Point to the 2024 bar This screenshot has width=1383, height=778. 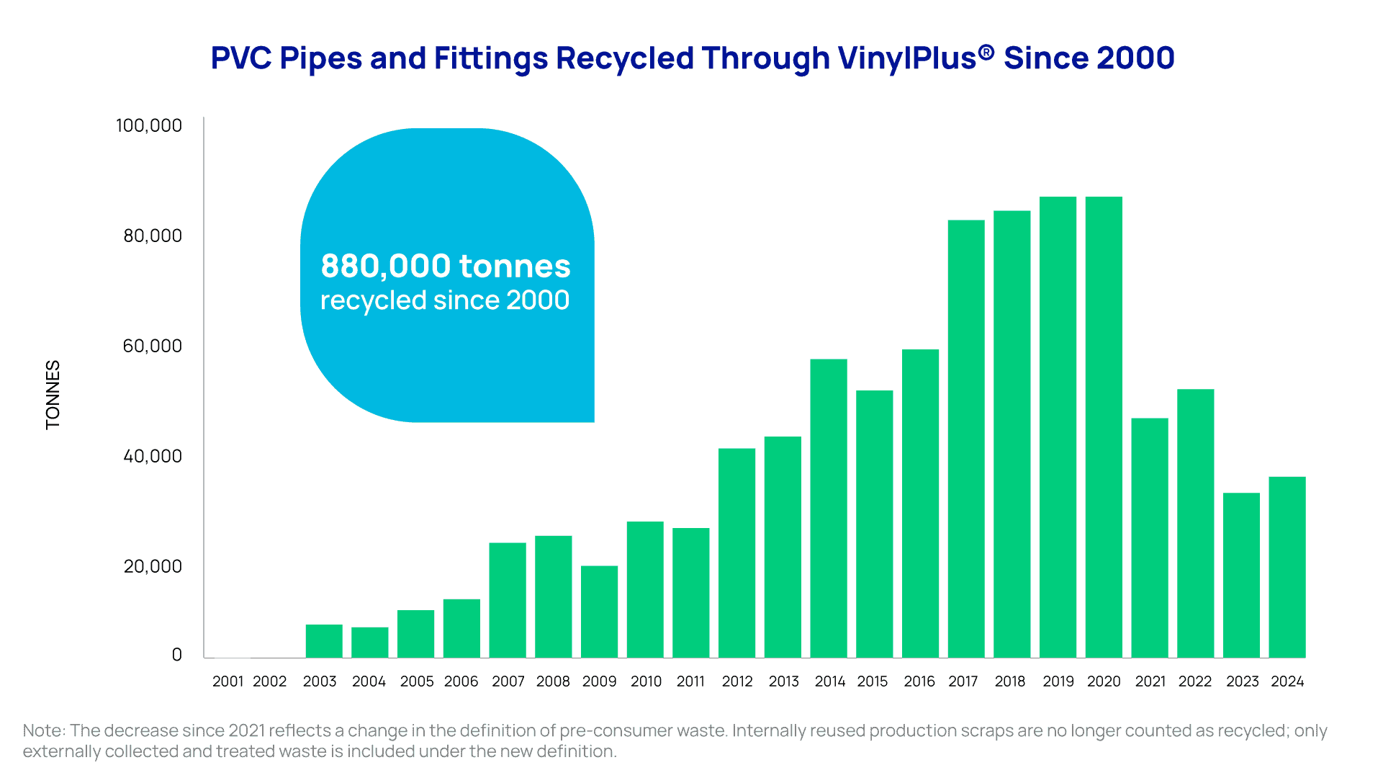click(x=1287, y=567)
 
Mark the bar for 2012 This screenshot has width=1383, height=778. click(x=736, y=553)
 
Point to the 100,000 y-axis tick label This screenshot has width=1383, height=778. click(x=149, y=125)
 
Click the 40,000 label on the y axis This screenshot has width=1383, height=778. click(x=153, y=456)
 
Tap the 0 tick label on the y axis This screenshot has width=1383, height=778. click(x=177, y=655)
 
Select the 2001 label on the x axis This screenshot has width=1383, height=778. click(x=228, y=681)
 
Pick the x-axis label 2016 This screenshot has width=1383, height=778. click(x=919, y=681)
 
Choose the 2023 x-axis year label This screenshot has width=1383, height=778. click(x=1243, y=681)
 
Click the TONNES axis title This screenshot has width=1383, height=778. click(x=53, y=395)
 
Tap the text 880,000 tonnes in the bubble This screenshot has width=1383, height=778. click(x=446, y=266)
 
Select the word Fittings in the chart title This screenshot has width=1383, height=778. click(x=492, y=59)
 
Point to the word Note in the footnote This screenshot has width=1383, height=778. click(x=43, y=730)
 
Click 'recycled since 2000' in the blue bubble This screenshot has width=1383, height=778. click(x=445, y=300)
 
